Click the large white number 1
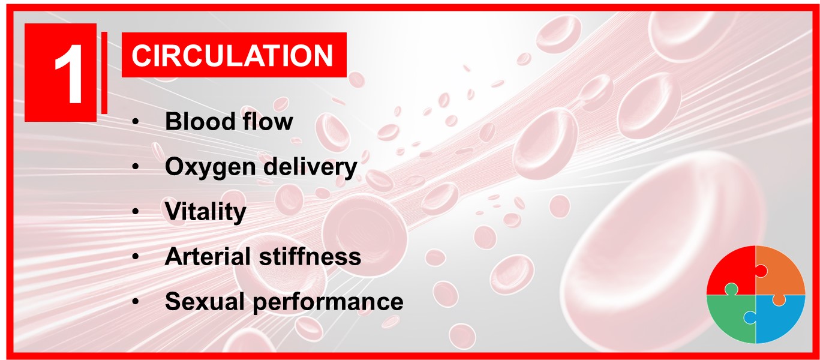[x=69, y=74]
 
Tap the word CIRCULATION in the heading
[x=233, y=56]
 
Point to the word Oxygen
[x=211, y=167]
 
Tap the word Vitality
[x=206, y=212]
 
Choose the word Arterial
[x=208, y=256]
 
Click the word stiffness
[x=310, y=256]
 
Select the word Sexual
[x=205, y=301]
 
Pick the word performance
[x=328, y=302]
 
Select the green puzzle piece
[x=730, y=318]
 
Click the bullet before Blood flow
[x=136, y=122]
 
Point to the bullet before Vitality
[x=136, y=212]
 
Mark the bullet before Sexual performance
[x=136, y=302]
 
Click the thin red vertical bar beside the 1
[x=104, y=73]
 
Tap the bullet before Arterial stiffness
[x=136, y=257]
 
